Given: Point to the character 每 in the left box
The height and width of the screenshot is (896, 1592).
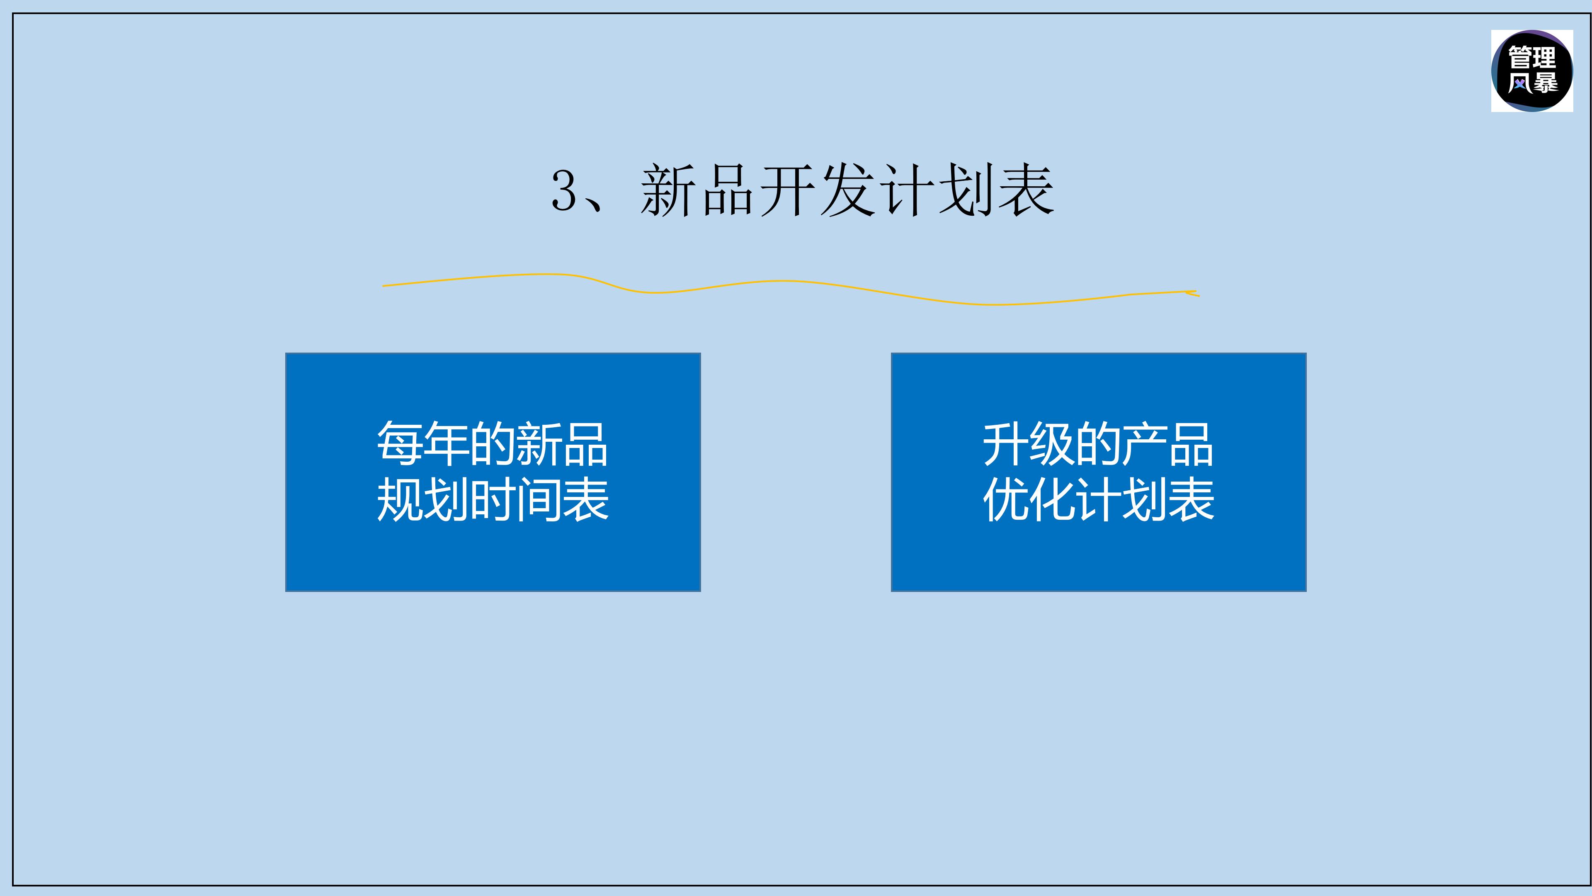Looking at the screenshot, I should point(400,443).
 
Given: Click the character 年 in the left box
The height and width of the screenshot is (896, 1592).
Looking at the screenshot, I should point(446,443).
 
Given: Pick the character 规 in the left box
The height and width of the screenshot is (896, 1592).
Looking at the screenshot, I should point(400,499).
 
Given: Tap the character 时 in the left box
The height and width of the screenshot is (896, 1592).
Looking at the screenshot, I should point(493,499).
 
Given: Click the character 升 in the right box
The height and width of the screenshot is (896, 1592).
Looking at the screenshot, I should point(1005,443).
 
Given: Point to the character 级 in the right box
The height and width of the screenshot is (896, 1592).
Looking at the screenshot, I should point(1052,443).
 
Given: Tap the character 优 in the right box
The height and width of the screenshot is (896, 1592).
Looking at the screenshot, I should point(1005,499).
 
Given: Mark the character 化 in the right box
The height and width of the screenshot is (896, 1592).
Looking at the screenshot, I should point(1052,499).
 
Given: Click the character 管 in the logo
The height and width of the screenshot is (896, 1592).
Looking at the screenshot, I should point(1520,58).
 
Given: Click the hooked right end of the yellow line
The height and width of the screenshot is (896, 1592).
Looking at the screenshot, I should point(1193,293).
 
